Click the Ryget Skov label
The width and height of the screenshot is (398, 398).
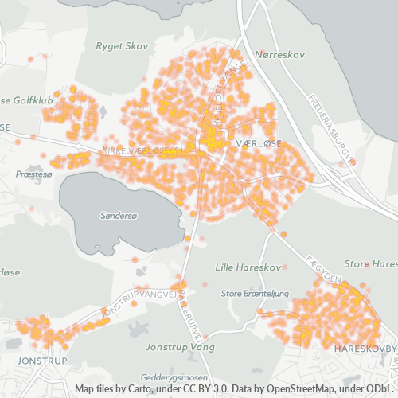(122, 46)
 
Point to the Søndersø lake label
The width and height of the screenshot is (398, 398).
(119, 216)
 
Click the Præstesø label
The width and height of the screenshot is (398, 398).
(33, 172)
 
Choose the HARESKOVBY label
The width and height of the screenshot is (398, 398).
(365, 349)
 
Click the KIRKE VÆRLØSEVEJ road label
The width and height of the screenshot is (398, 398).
(144, 150)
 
